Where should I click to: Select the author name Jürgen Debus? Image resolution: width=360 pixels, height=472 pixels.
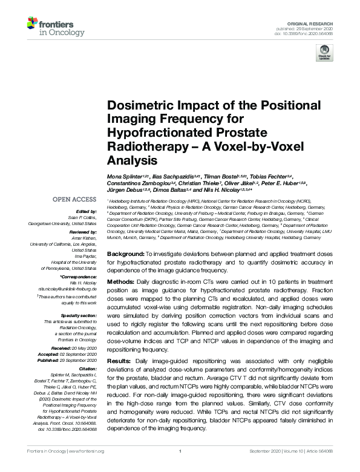[123, 189]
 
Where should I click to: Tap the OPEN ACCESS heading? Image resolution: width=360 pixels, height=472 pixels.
[74, 199]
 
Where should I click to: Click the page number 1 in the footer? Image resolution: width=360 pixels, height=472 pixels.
[180, 468]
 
